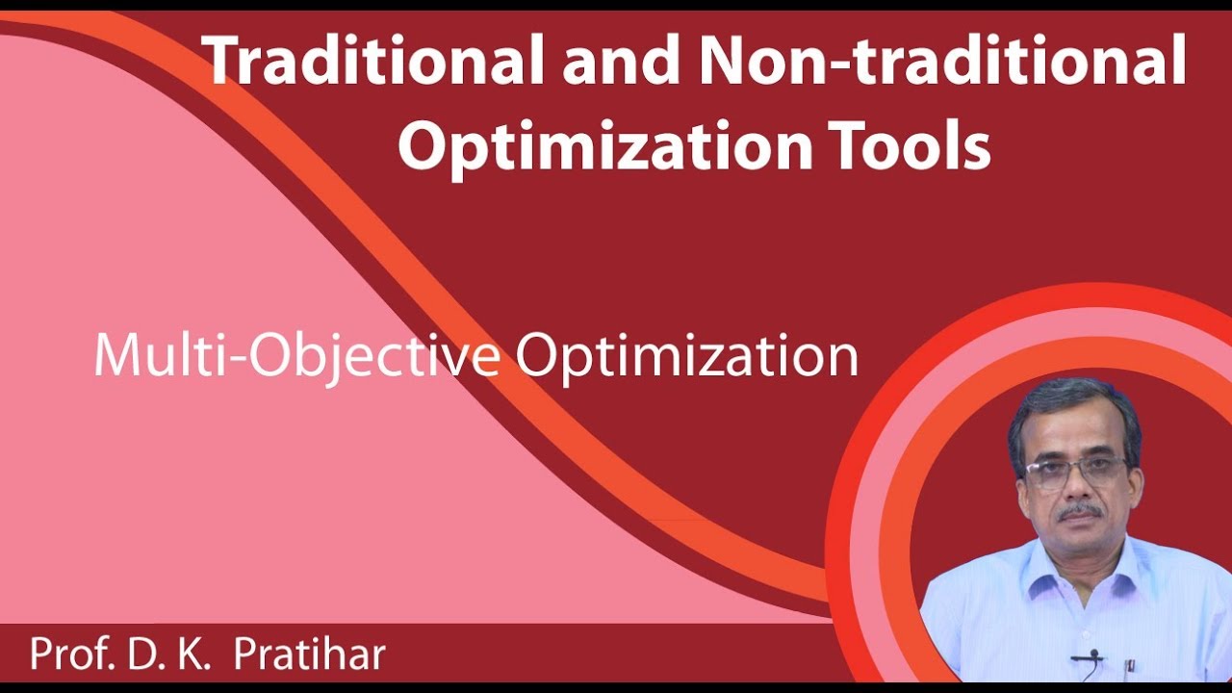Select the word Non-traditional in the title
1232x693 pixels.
pyautogui.click(x=942, y=62)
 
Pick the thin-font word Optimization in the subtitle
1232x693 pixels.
pyautogui.click(x=686, y=357)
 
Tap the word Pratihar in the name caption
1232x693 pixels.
pyautogui.click(x=309, y=654)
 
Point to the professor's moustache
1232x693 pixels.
pyautogui.click(x=1078, y=511)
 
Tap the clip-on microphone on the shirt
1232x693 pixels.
pyautogui.click(x=1092, y=656)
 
